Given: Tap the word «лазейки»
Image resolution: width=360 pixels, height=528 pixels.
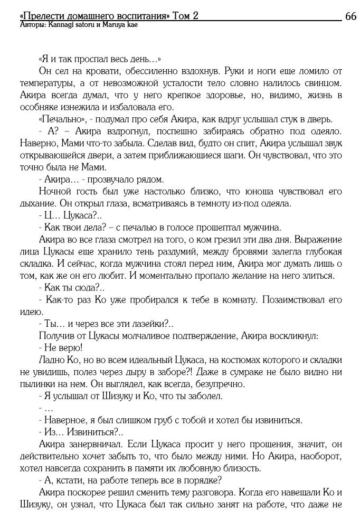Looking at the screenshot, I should [148, 323].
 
